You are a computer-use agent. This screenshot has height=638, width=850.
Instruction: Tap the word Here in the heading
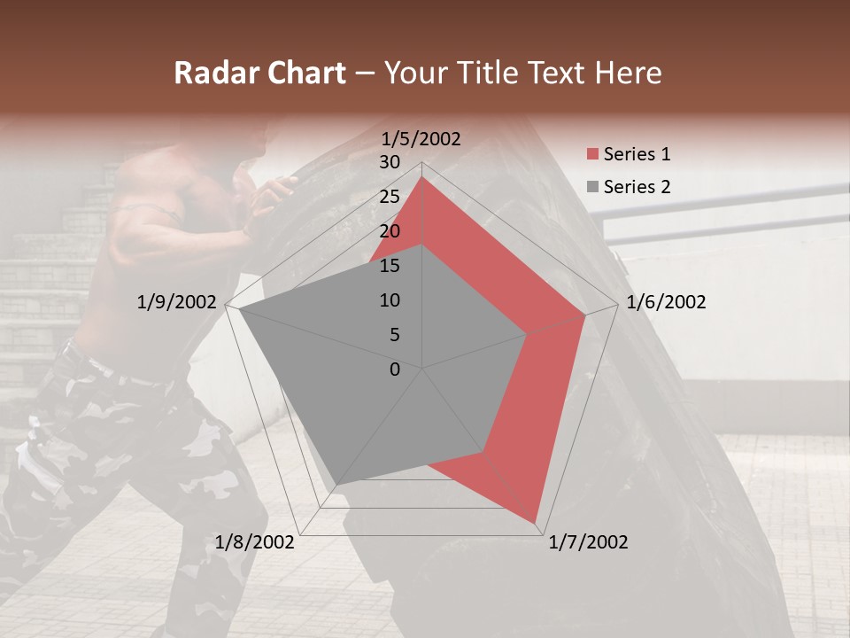pyautogui.click(x=628, y=74)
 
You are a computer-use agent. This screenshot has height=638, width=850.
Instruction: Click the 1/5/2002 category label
pyautogui.click(x=421, y=138)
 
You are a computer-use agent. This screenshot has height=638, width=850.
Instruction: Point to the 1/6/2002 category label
pyautogui.click(x=666, y=302)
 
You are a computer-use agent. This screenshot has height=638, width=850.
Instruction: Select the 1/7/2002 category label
pyautogui.click(x=588, y=542)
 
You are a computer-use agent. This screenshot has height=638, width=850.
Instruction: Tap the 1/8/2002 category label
pyautogui.click(x=255, y=542)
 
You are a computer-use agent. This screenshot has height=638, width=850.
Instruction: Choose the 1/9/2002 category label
pyautogui.click(x=177, y=302)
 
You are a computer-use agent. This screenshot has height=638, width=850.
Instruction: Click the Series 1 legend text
pyautogui.click(x=637, y=154)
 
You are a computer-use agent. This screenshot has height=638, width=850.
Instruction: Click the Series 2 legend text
pyautogui.click(x=637, y=187)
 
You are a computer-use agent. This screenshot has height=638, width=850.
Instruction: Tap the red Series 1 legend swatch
pyautogui.click(x=592, y=155)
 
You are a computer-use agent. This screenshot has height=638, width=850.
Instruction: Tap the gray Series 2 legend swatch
pyautogui.click(x=592, y=188)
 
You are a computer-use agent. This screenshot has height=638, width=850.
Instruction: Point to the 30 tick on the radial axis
pyautogui.click(x=390, y=162)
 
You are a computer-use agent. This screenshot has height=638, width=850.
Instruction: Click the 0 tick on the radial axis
pyautogui.click(x=395, y=370)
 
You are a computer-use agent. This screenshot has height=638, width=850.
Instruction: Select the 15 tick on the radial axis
pyautogui.click(x=390, y=266)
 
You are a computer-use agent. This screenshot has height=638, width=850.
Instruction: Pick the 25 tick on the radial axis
pyautogui.click(x=390, y=197)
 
